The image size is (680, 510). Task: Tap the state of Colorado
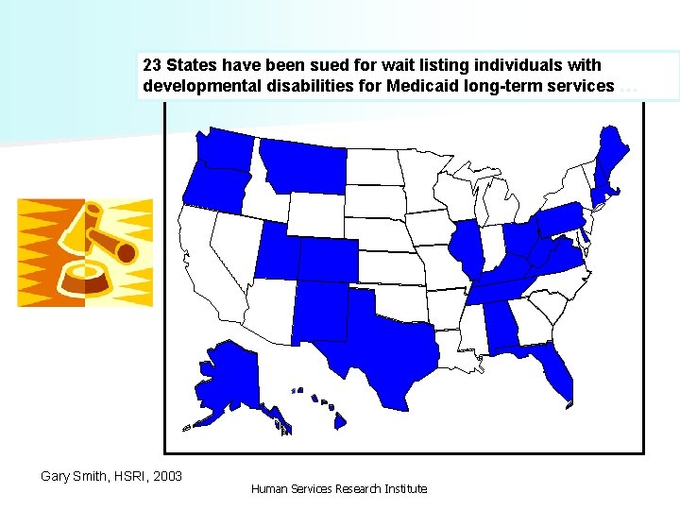coord(329,259)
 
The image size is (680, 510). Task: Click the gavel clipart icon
coord(85,252)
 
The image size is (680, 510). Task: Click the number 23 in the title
coord(152,67)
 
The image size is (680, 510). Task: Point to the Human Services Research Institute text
coord(339,489)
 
